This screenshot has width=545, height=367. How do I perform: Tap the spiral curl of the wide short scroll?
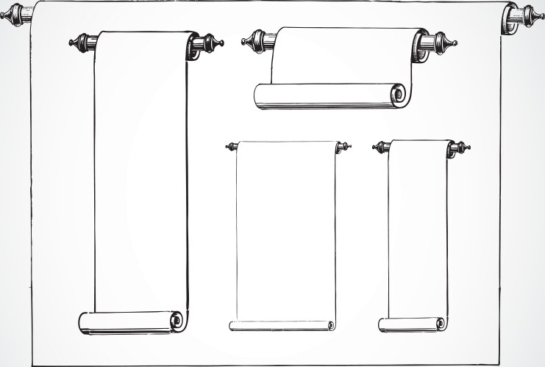(398, 94)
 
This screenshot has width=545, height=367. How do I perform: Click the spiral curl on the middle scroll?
(331, 325)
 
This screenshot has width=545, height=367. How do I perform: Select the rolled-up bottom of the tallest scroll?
(129, 322)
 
